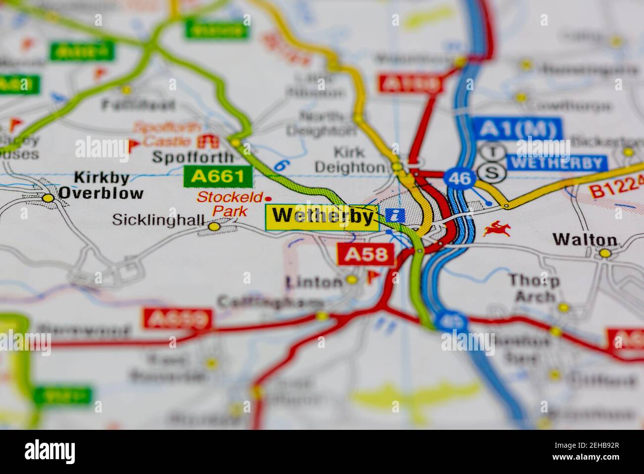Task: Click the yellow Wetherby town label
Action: [x=322, y=217]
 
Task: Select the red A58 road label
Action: [x=366, y=255]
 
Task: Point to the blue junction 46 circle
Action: [x=460, y=178]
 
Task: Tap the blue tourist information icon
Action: [x=395, y=215]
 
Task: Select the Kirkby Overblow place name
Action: [x=101, y=185]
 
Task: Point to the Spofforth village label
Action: [x=193, y=158]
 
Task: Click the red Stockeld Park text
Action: [x=230, y=204]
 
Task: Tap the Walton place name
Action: [x=585, y=240]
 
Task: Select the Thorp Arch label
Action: [x=535, y=289]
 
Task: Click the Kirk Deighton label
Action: [x=350, y=160]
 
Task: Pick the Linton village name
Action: [x=315, y=282]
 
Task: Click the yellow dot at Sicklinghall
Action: [x=214, y=227]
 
